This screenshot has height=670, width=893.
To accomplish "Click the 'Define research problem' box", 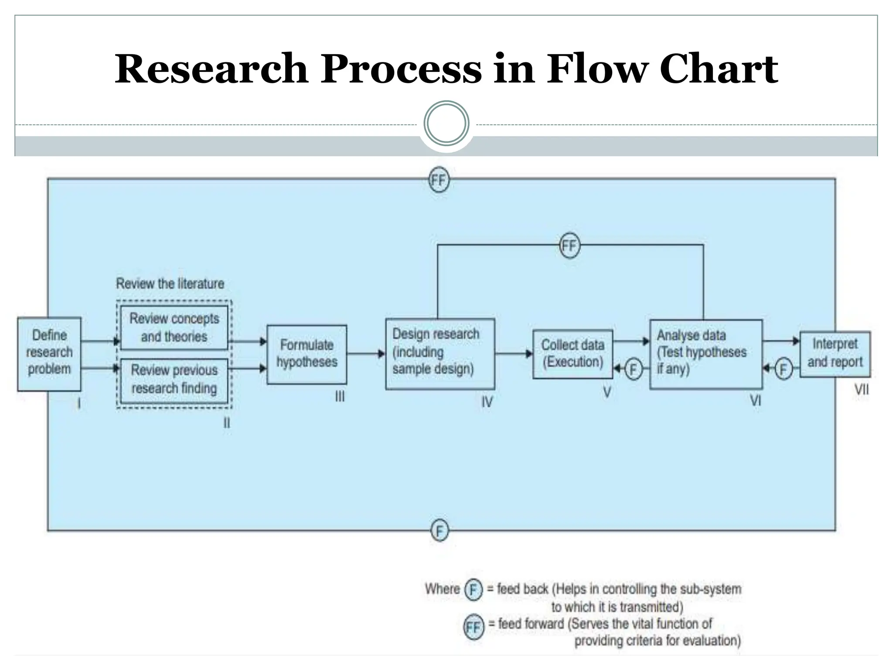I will pos(49,353).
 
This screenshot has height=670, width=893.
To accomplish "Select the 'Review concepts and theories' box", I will pos(174,328).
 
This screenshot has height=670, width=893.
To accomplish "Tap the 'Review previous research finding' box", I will pos(174,379).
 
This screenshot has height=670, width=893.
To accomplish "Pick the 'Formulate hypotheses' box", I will pos(307,354).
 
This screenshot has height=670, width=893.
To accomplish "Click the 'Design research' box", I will pos(440,353).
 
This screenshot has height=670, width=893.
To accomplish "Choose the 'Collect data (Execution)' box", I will pos(573,354).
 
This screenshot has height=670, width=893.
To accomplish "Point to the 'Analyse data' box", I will pos(706,354).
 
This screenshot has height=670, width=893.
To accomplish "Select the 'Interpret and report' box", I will pos(835,354).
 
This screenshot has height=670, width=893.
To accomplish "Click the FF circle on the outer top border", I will pos(439,180).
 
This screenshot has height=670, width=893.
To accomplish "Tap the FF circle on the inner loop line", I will pos(569,246).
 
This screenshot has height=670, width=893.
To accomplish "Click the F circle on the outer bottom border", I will pos(440,531).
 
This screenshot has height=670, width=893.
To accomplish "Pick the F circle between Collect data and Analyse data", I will pos(633,369).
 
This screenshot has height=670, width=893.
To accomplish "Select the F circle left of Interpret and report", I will pos(783,369).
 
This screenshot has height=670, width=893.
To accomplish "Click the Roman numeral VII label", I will pos(861,390).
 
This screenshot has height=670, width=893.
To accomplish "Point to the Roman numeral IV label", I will pos(487,402).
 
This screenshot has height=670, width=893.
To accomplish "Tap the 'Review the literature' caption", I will pos(170,284).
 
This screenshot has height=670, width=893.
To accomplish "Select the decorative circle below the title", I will pos(446,124).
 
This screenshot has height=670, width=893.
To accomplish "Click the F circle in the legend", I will pos(473,590).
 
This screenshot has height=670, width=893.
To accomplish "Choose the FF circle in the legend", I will pos(474,627).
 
